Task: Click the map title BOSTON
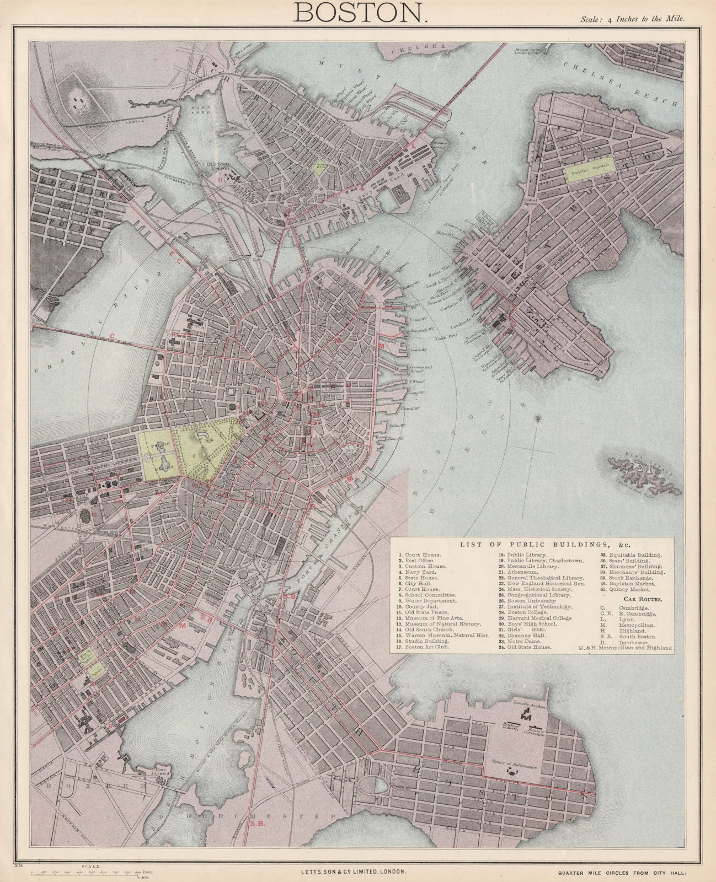[359, 12]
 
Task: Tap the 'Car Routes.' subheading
[638, 598]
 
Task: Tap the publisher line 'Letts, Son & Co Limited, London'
[350, 872]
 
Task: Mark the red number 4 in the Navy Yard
[362, 189]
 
